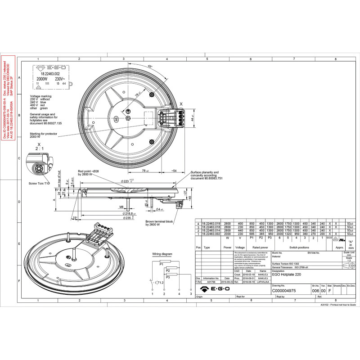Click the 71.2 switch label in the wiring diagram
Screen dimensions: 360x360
point(159,283)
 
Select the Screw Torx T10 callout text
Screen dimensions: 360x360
point(40,184)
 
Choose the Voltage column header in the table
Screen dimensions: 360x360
point(240,247)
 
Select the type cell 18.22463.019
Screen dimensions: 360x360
point(210,223)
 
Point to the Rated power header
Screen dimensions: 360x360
point(261,247)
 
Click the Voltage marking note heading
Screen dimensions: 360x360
point(40,96)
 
